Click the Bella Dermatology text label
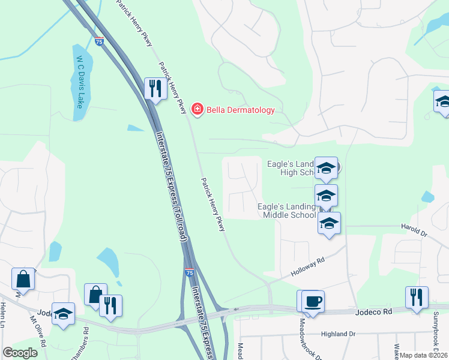pos(240,110)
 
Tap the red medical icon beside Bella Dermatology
pos(196,109)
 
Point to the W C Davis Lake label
pos(79,82)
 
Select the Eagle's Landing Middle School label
pos(286,211)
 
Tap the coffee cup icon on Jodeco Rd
pos(313,301)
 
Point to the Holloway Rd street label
pos(308,267)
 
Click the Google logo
pos(20,353)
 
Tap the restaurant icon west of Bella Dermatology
pos(155,89)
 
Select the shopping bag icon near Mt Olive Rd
pos(23,279)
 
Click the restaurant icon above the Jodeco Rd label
pos(417,297)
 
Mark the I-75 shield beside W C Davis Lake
pos(99,41)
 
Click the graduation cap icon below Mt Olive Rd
pos(63,314)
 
